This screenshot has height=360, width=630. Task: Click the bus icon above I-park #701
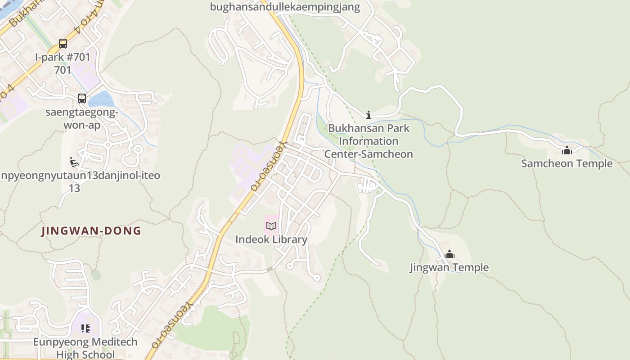pos(63,44)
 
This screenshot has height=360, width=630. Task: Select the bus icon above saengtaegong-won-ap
pos(81,98)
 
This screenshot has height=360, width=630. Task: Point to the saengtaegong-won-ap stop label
pos(81,118)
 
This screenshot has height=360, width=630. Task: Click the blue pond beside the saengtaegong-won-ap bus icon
pos(101,99)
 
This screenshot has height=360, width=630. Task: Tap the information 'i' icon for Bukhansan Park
pos(369,115)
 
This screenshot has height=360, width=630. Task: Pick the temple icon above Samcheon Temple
pos(567,150)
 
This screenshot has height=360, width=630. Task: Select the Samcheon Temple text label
pos(567,163)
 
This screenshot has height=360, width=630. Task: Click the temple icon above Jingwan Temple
pos(449,255)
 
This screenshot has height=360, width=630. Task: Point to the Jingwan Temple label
pos(449,268)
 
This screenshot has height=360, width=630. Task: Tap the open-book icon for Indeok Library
pos(271,226)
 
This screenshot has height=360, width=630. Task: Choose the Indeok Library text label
pos(271,239)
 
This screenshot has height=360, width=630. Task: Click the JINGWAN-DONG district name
pos(91,231)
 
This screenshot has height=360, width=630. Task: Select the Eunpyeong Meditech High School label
pos(85,348)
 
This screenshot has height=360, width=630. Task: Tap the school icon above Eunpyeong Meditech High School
pos(85,328)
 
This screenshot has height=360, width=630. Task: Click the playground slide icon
pos(75,162)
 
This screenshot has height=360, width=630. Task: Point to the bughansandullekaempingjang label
pos(285,7)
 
